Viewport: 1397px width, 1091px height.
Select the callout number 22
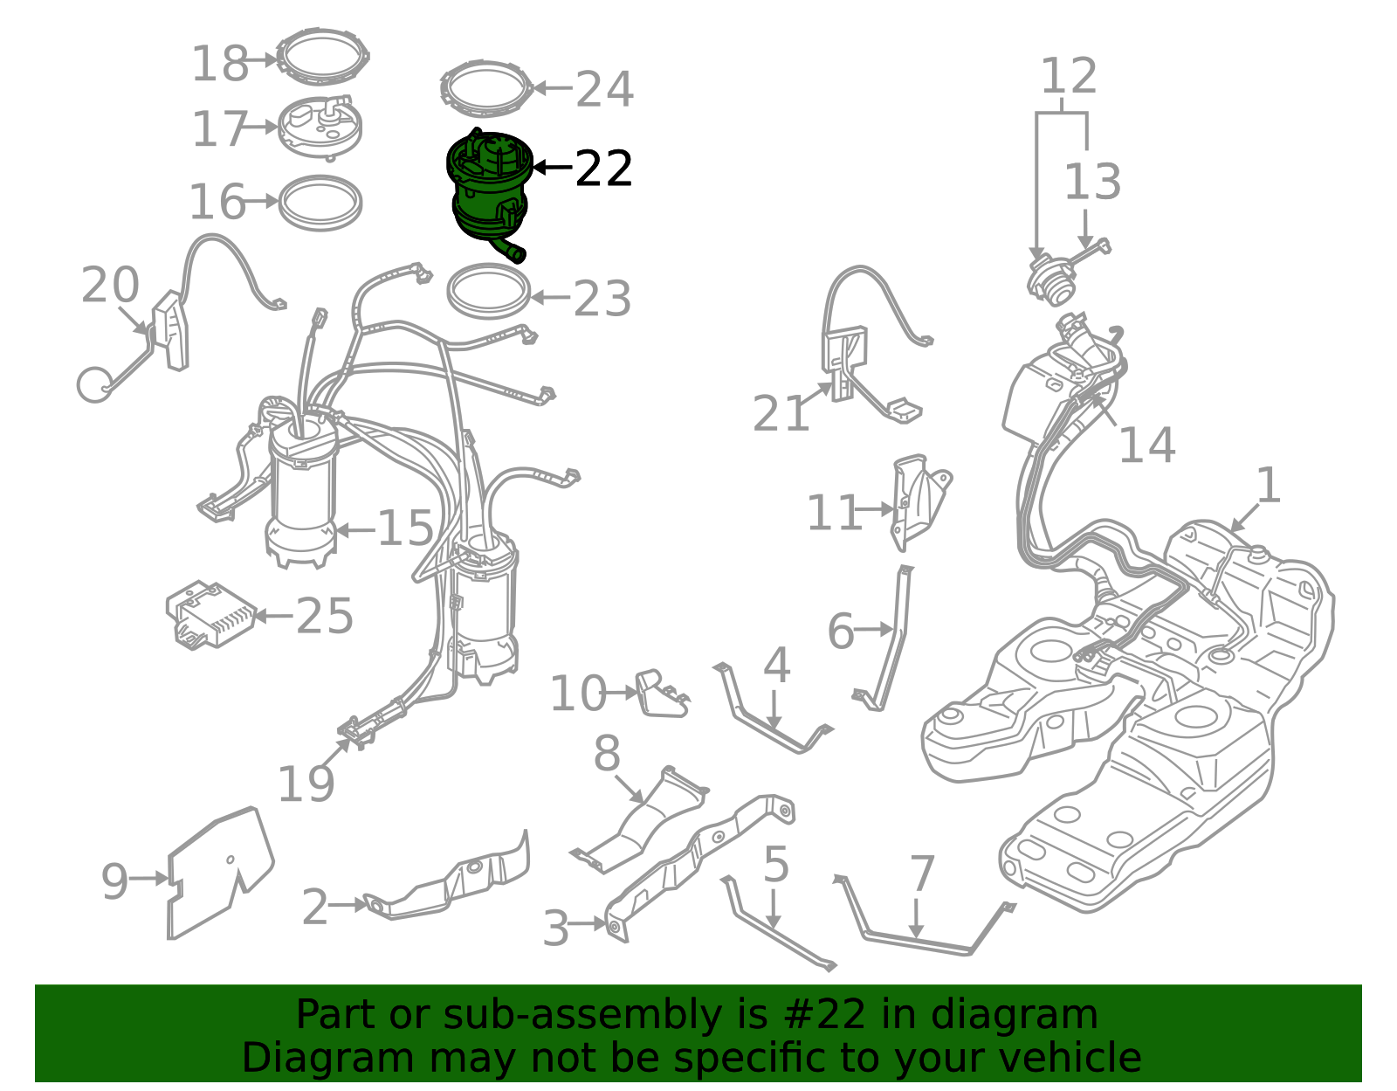point(603,169)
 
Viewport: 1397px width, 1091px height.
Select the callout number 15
point(405,528)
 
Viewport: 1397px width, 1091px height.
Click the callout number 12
point(1068,75)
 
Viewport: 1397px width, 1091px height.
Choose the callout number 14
point(1147,445)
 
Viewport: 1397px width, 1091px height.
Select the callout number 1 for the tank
point(1268,485)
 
